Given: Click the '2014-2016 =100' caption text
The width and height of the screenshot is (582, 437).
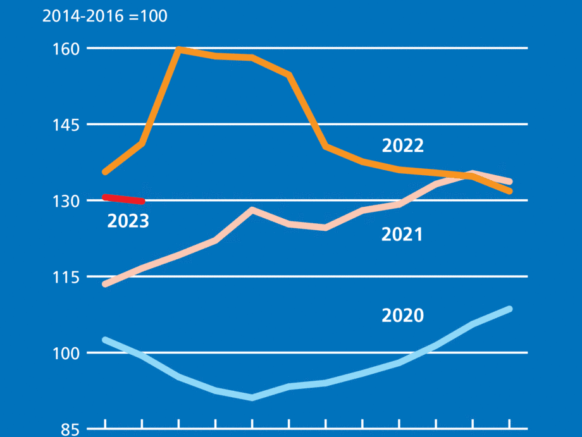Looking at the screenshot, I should [x=105, y=16].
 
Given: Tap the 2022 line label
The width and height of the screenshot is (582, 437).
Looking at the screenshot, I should [x=402, y=146].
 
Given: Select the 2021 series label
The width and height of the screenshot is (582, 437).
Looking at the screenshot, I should [x=402, y=235].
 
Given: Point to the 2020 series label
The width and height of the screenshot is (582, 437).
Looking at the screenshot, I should [x=402, y=315].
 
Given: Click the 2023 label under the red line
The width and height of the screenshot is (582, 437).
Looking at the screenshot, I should [x=128, y=221].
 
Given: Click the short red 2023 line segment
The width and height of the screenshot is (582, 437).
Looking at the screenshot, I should [x=124, y=199].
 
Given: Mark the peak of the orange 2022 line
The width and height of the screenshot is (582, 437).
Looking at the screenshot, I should [x=179, y=49].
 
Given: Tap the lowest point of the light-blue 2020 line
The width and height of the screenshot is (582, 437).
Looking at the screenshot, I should [x=252, y=397].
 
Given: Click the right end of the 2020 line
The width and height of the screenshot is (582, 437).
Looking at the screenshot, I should [x=509, y=309].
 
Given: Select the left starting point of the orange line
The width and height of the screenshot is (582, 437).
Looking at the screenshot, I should [x=105, y=171].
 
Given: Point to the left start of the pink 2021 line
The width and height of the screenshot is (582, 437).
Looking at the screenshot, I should [x=105, y=284].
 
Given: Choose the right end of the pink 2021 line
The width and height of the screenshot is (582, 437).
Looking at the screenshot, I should [x=509, y=182].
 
